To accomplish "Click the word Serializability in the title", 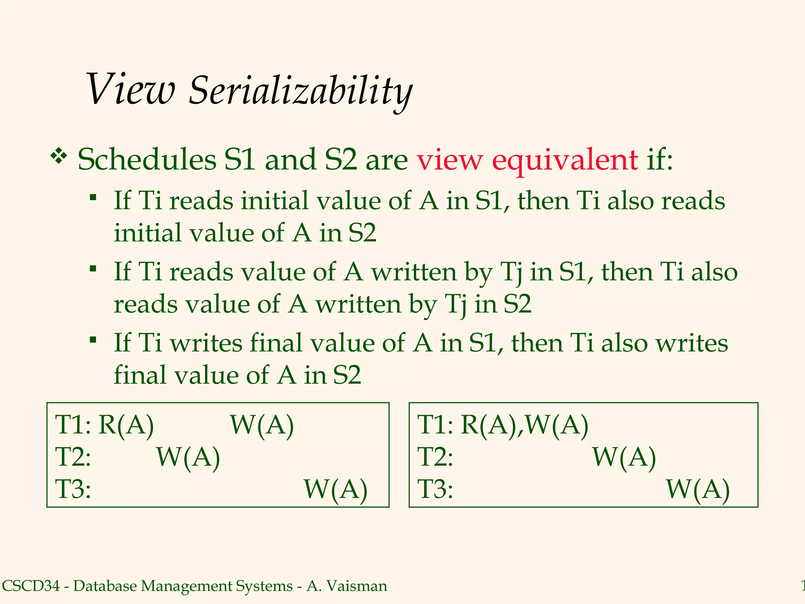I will click(300, 91).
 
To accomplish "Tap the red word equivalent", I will click(565, 161).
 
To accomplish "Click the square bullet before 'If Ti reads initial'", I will click(93, 197).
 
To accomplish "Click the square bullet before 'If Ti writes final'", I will click(93, 339).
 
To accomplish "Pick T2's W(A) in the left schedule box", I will click(188, 457).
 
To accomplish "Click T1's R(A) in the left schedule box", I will click(126, 425).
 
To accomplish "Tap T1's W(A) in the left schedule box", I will click(262, 425).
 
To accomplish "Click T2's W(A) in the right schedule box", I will click(624, 457).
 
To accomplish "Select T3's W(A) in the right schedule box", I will click(698, 489).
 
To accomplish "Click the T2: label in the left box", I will click(73, 457).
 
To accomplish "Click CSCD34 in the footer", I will click(31, 586).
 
